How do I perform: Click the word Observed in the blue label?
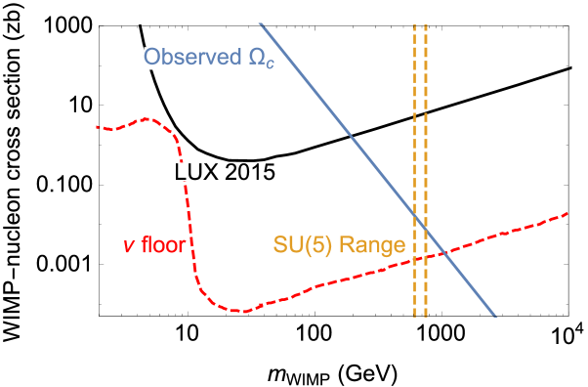(190, 58)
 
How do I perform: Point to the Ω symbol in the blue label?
(253, 58)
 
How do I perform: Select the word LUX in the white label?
(196, 172)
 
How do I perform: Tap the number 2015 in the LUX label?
(248, 172)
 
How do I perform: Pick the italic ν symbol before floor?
(128, 244)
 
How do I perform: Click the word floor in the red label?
(163, 244)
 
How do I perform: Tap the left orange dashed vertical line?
(414, 117)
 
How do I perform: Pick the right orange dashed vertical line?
(426, 117)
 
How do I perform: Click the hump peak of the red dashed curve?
(148, 119)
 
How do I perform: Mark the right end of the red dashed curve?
(567, 213)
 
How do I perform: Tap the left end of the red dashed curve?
(97, 126)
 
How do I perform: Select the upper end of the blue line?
(261, 23)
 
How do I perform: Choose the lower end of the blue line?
(495, 316)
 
